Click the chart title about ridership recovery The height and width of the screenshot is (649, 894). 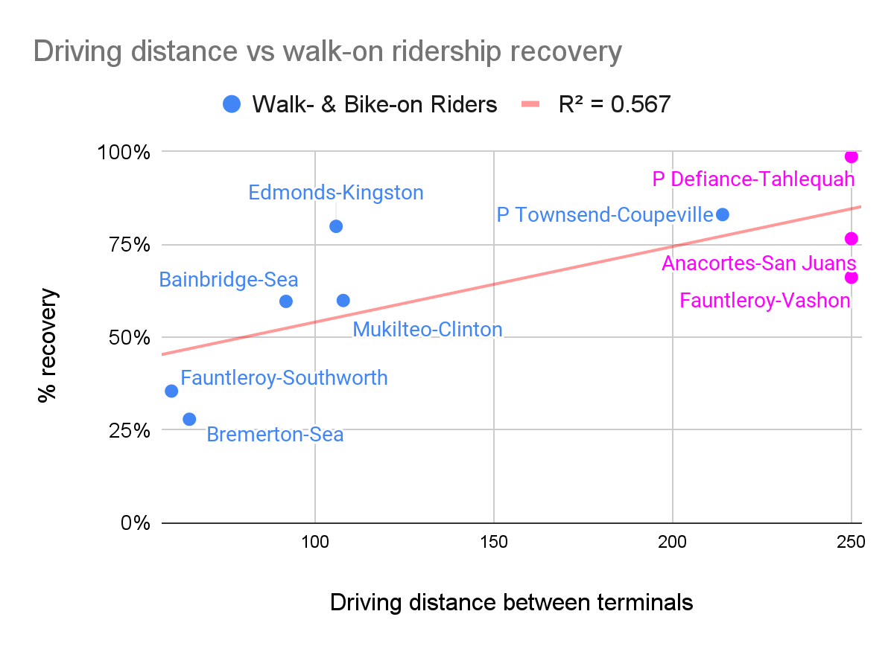point(327,52)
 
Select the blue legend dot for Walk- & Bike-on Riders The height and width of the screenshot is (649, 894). point(232,104)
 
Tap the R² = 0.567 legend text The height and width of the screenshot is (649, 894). point(614,104)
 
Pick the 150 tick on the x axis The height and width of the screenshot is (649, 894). point(493,542)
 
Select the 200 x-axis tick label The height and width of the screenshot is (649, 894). point(672,542)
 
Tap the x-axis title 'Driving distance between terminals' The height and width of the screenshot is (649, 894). point(511,602)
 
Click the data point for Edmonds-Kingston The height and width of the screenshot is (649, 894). point(336,226)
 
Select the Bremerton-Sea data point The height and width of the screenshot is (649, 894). point(189,419)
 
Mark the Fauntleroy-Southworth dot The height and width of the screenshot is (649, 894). point(171,391)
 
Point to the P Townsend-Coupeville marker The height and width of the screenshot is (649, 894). point(722,214)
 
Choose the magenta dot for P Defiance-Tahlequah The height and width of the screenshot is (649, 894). point(851,156)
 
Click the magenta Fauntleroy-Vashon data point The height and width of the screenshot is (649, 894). point(851,277)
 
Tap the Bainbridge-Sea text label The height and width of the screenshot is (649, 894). point(229,280)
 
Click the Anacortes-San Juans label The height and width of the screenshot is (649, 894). point(758,263)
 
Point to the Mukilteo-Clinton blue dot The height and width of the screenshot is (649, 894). point(343,300)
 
